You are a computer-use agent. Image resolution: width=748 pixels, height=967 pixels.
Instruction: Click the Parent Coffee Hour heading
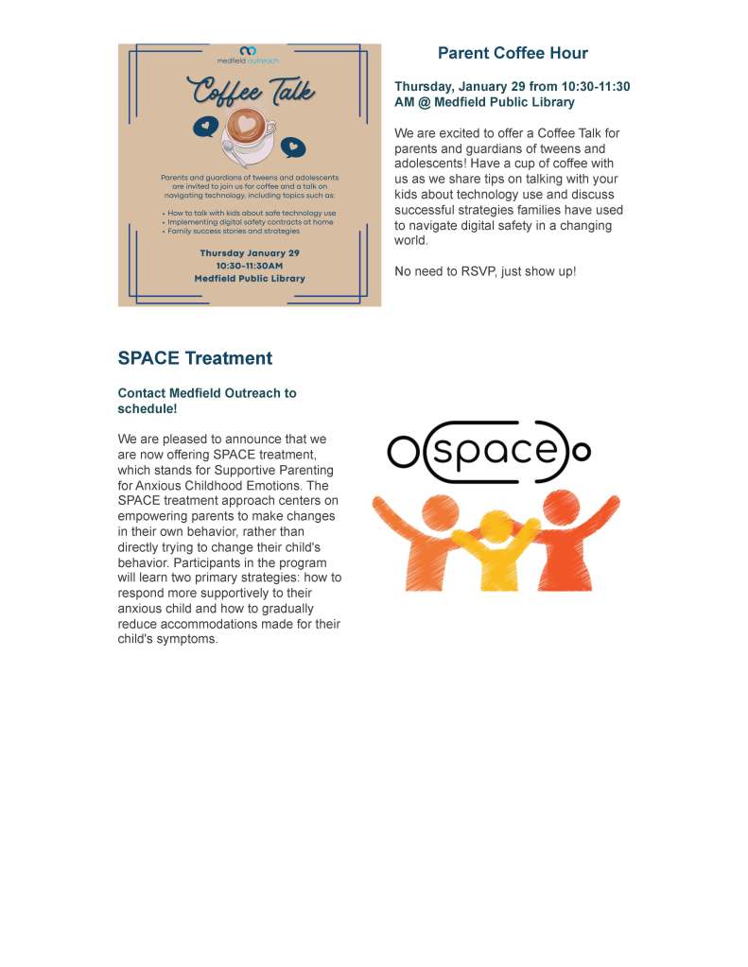(513, 54)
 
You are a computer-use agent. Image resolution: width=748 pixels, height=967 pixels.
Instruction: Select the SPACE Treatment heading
(195, 358)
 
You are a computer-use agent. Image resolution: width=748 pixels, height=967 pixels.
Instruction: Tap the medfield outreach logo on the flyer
(248, 54)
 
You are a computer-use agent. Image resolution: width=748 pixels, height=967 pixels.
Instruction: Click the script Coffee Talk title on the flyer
(251, 93)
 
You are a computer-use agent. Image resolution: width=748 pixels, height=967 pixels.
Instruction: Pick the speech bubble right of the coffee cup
(295, 147)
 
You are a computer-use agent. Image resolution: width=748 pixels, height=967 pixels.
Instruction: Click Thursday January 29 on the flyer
(250, 253)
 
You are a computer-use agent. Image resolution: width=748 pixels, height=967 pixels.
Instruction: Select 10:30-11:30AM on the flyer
(250, 266)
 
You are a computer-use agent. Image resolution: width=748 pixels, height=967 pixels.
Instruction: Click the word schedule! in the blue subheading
(148, 408)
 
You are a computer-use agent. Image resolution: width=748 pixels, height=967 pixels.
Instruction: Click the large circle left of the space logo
(403, 454)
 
